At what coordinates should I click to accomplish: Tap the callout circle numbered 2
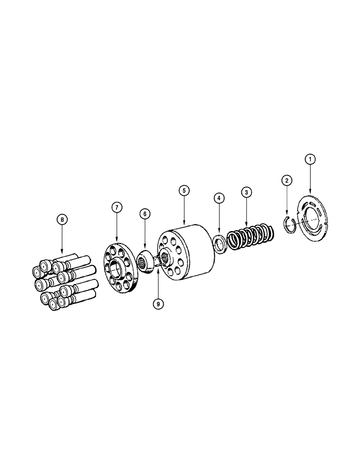[287, 180]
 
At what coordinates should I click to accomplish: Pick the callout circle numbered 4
[219, 198]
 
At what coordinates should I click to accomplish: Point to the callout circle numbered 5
[184, 190]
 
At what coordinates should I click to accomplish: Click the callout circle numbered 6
[145, 214]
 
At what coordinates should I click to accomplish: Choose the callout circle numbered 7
[116, 207]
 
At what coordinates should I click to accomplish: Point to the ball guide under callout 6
[144, 262]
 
